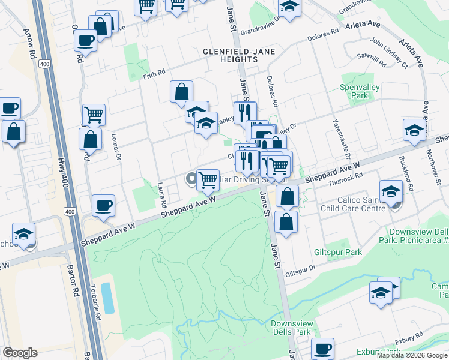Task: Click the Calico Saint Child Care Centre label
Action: (355, 204)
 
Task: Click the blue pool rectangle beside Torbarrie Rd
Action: (107, 298)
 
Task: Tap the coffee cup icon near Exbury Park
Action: (323, 349)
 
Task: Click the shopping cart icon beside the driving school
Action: (208, 179)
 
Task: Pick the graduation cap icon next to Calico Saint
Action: (391, 191)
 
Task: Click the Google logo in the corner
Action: (20, 353)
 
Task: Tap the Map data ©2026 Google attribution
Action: (412, 355)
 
